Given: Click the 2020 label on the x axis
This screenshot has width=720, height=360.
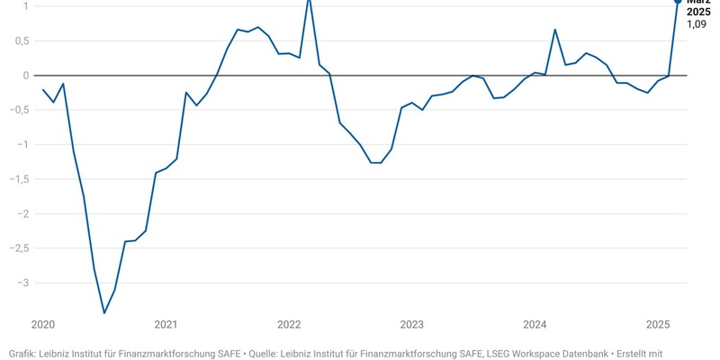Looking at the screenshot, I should (x=43, y=324).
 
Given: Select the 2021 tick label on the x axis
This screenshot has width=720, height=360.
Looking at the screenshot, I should (x=166, y=324).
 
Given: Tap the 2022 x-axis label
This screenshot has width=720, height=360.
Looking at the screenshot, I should (x=289, y=324).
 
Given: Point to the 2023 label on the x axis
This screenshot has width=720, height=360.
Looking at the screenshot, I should (x=412, y=324).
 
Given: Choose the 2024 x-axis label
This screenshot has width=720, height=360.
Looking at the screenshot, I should (x=535, y=324).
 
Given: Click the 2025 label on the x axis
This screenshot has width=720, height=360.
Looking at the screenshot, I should (x=658, y=324).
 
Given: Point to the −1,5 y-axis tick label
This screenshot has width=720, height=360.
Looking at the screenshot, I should (x=17, y=179).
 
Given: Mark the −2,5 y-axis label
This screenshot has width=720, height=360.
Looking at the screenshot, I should (x=17, y=248).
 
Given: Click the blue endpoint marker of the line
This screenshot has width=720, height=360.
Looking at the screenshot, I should (x=679, y=2).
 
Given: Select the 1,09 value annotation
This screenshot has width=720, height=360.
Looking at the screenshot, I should (x=697, y=24).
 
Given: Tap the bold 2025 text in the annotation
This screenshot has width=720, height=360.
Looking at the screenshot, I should (x=699, y=12).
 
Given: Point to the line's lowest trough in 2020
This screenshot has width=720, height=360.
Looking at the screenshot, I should (x=104, y=313).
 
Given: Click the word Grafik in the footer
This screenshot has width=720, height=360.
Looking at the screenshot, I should (x=23, y=353).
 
